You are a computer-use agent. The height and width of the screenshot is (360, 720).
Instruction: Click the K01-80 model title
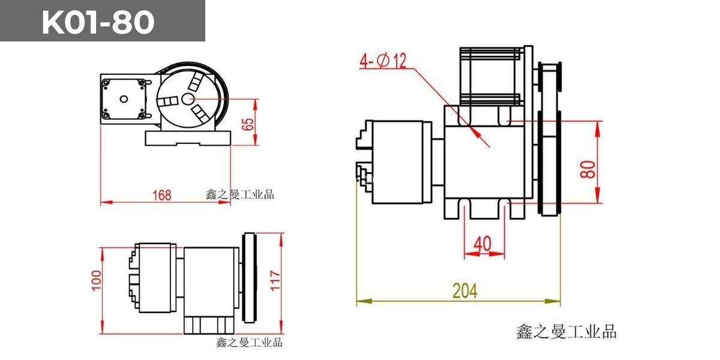(x=98, y=23)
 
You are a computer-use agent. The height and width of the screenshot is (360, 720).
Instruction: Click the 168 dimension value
(x=161, y=195)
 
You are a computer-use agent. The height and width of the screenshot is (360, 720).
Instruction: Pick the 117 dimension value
(x=275, y=280)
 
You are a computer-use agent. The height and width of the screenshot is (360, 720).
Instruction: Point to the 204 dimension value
(x=464, y=291)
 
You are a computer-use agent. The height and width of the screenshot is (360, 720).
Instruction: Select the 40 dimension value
(x=484, y=244)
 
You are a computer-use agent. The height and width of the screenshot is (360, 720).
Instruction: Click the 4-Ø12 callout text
(x=383, y=61)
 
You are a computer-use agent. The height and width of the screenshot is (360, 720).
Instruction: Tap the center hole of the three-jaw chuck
(x=188, y=100)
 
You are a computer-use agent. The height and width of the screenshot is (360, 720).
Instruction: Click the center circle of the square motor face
(x=124, y=99)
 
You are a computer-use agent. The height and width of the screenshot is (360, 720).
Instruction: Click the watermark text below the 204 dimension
(x=566, y=331)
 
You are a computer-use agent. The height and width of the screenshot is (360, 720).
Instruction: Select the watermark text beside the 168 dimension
(x=239, y=194)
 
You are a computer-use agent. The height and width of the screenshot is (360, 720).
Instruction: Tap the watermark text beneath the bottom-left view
(x=249, y=343)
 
